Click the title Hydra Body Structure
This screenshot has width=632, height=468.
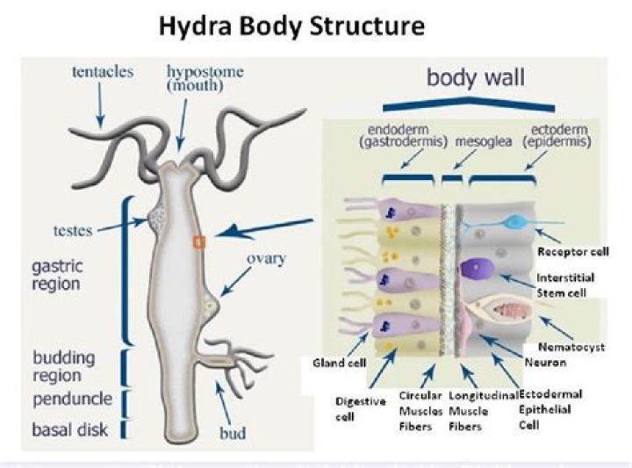(291, 26)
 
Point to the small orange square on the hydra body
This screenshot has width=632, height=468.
(199, 240)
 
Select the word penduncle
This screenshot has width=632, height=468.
(72, 400)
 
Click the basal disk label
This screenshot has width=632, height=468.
(70, 430)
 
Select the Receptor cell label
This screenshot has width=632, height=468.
(572, 251)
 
